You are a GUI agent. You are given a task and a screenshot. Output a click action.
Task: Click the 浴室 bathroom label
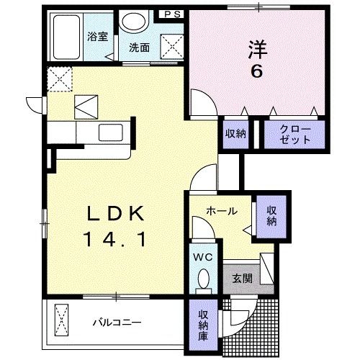click(x=99, y=37)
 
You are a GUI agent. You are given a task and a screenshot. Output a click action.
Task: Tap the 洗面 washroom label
click(x=139, y=48)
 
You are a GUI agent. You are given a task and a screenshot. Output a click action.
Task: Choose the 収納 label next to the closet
click(x=235, y=133)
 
